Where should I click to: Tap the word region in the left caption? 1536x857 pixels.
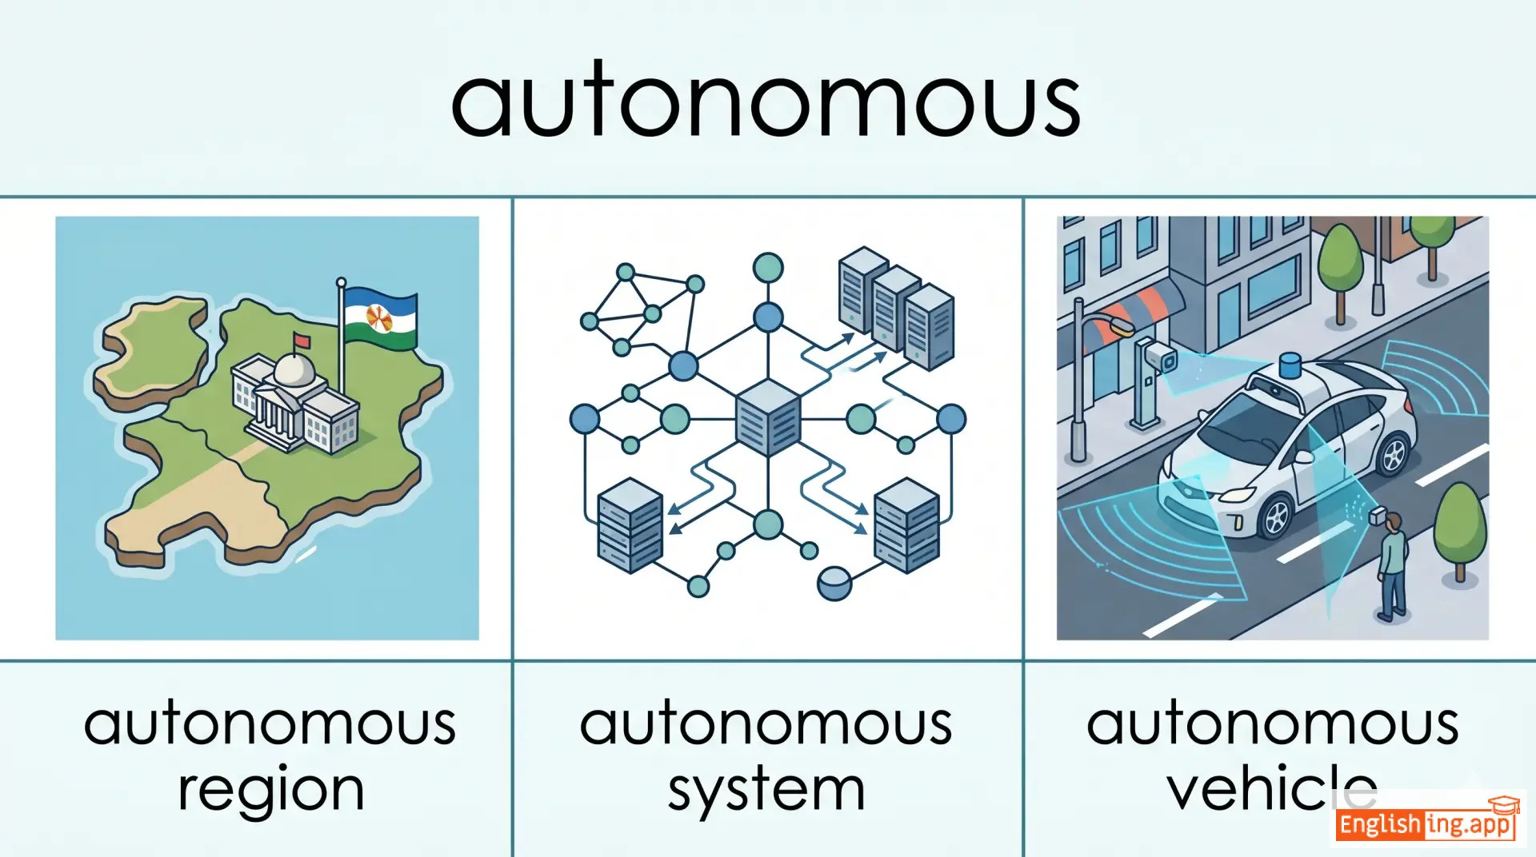point(270,790)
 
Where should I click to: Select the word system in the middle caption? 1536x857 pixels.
point(766,790)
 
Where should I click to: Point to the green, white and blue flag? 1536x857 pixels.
point(381,318)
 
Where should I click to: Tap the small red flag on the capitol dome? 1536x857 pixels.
point(301,341)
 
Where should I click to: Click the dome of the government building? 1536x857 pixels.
point(293,369)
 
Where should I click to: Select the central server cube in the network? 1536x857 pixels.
point(767,417)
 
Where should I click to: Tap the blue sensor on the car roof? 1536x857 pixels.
point(1290,367)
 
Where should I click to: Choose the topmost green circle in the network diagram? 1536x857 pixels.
point(768,267)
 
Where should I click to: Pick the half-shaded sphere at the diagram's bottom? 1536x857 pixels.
point(834,584)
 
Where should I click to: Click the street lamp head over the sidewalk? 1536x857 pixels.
point(1117,325)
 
